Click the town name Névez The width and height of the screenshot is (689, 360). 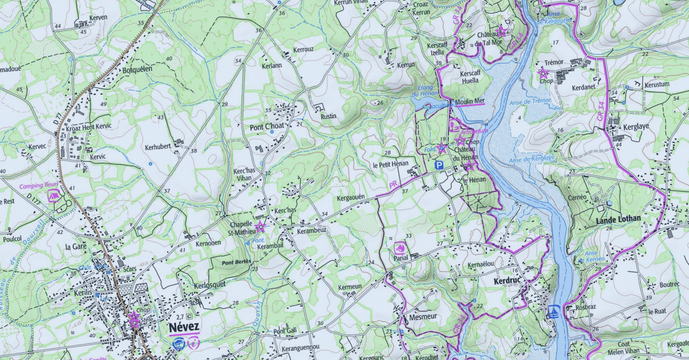[184, 327]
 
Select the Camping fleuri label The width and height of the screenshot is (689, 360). [39, 186]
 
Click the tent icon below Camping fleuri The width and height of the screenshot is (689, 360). [53, 197]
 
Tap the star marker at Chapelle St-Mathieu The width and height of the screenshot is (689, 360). [260, 226]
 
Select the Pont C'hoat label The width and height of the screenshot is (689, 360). [266, 128]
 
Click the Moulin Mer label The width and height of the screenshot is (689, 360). [470, 101]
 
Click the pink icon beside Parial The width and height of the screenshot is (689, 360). [399, 248]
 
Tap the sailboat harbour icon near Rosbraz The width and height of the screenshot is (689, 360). [554, 312]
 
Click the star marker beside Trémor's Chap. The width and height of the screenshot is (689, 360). [543, 72]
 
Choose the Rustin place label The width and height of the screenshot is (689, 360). [328, 116]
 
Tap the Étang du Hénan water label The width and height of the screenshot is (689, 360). [428, 90]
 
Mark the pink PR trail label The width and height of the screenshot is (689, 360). [393, 186]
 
